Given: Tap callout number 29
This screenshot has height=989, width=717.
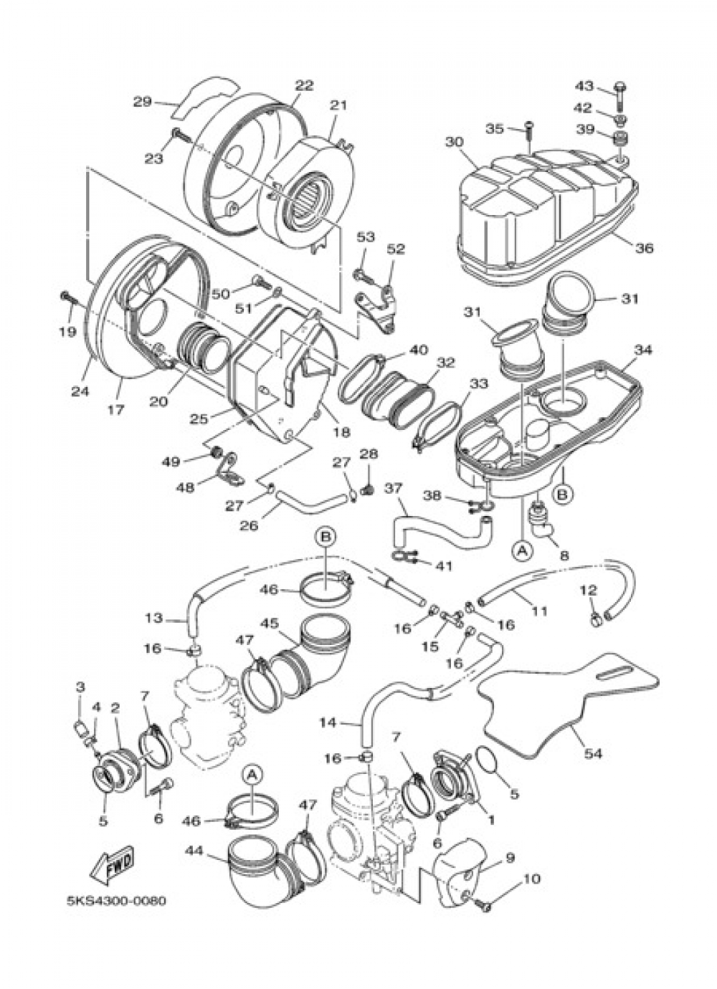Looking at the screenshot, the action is click(x=143, y=102).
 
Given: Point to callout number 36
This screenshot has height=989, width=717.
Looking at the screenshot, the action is click(x=643, y=248).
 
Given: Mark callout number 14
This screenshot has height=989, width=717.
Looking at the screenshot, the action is click(x=328, y=723).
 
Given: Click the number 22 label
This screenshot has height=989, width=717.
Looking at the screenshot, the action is click(x=303, y=85).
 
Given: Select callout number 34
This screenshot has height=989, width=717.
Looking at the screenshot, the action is click(x=643, y=350).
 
